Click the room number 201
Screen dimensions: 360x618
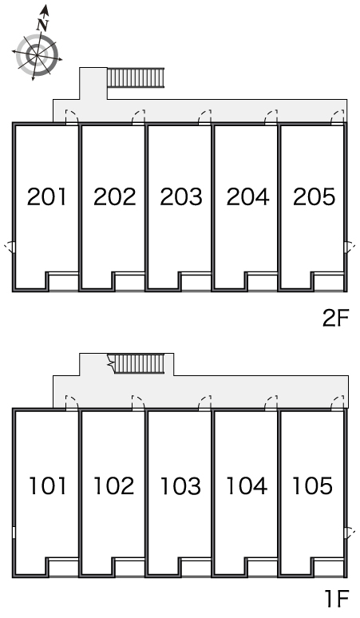(47, 196)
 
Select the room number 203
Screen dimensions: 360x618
(180, 196)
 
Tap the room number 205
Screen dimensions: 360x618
(314, 196)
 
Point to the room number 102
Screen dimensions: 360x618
(113, 485)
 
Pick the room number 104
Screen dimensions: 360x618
(247, 485)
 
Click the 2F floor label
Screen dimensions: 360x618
(336, 319)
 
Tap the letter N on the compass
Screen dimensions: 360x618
(42, 25)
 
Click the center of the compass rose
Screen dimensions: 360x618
(37, 54)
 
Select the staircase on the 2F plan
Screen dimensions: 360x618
(136, 77)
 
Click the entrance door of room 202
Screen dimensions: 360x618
(138, 117)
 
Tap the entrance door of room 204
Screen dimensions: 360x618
(271, 117)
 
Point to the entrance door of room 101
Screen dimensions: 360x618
(72, 402)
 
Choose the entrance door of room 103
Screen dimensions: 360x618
(205, 402)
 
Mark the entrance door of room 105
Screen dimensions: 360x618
(338, 402)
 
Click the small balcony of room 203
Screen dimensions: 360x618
(196, 282)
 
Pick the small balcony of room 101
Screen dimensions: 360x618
(62, 568)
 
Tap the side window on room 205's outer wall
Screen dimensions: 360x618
(347, 248)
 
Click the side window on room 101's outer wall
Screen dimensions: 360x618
(14, 533)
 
